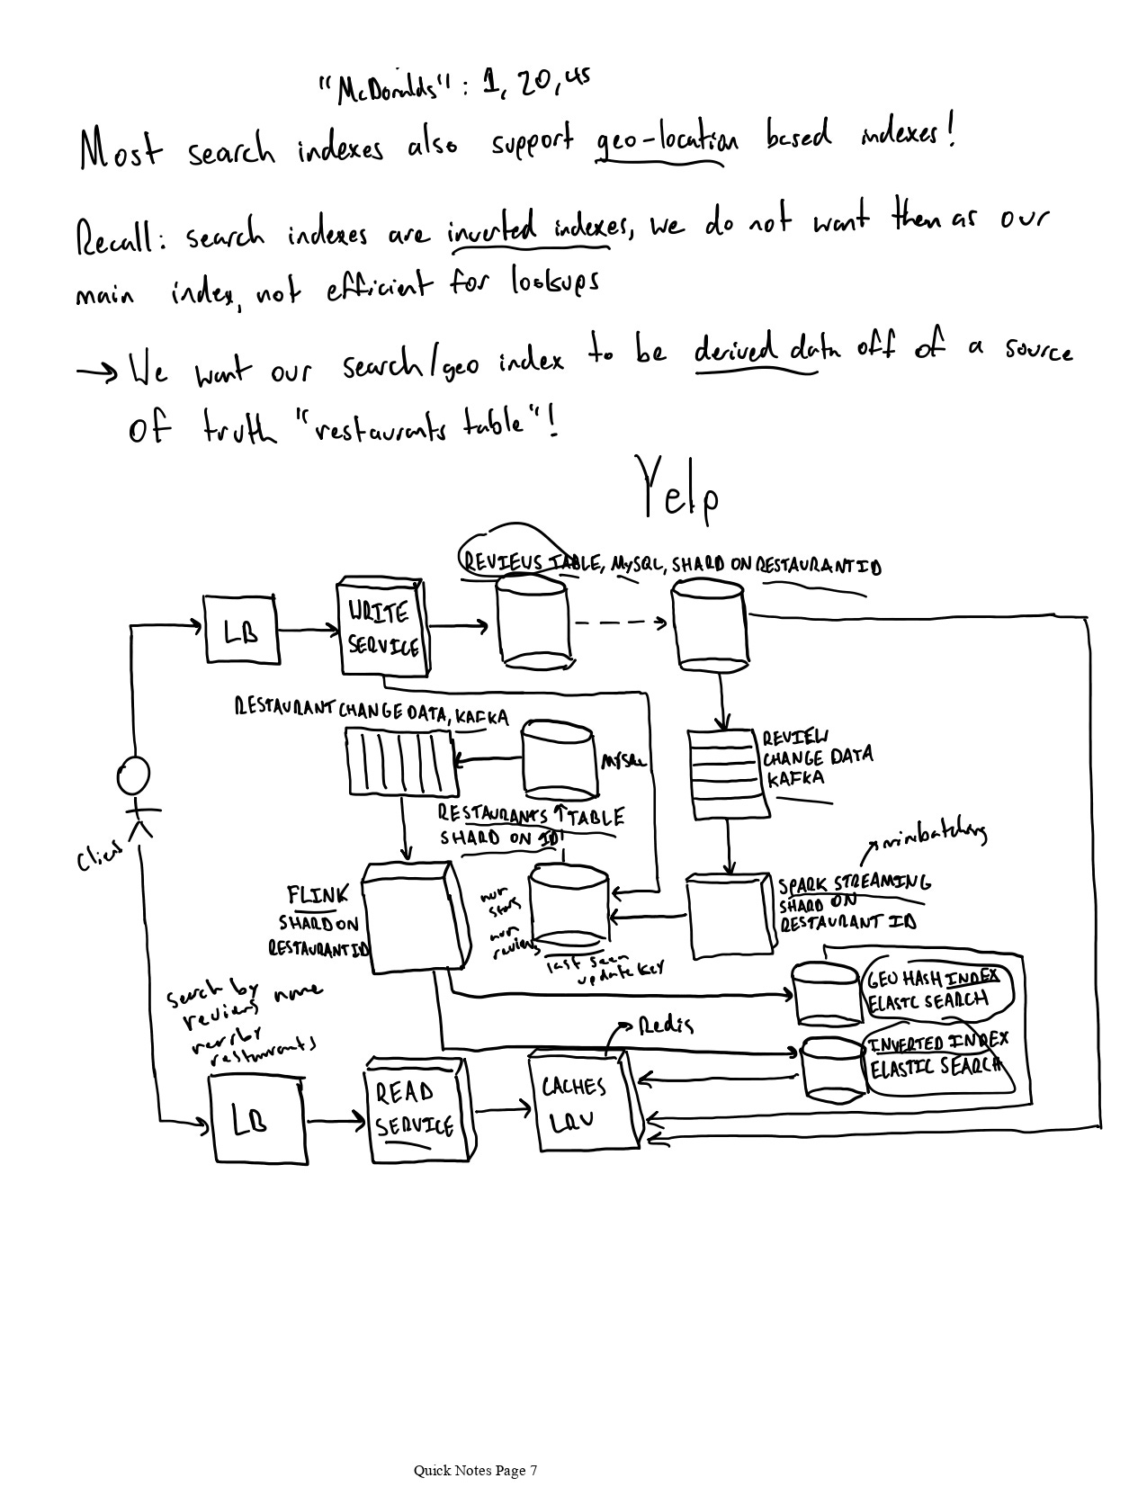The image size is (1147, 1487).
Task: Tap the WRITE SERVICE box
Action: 382,627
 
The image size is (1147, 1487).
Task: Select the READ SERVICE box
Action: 417,1110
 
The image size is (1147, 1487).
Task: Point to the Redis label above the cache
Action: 666,1025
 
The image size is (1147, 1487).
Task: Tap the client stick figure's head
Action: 133,775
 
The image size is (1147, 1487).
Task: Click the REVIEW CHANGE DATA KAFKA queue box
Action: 730,774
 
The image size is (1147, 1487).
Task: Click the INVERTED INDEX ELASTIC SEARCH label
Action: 936,1054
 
